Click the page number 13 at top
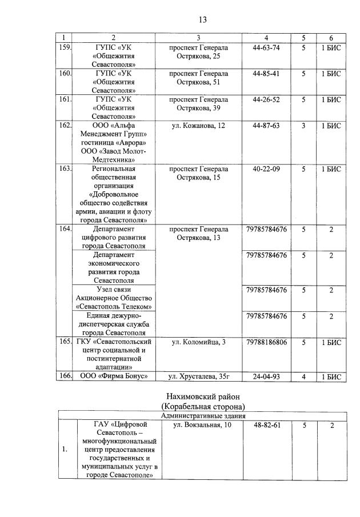tap(202, 19)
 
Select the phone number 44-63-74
tap(266, 47)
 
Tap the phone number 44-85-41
tap(266, 74)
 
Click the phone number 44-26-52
tap(266, 99)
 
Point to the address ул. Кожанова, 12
tap(198, 126)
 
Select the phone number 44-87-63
tap(266, 126)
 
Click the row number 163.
tap(65, 169)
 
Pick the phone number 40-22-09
tap(266, 169)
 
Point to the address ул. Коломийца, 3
tap(198, 342)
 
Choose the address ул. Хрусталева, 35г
tap(198, 376)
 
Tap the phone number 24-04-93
tap(266, 376)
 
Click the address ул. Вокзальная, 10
tap(198, 425)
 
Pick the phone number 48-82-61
tap(266, 425)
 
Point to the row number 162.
tap(65, 126)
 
